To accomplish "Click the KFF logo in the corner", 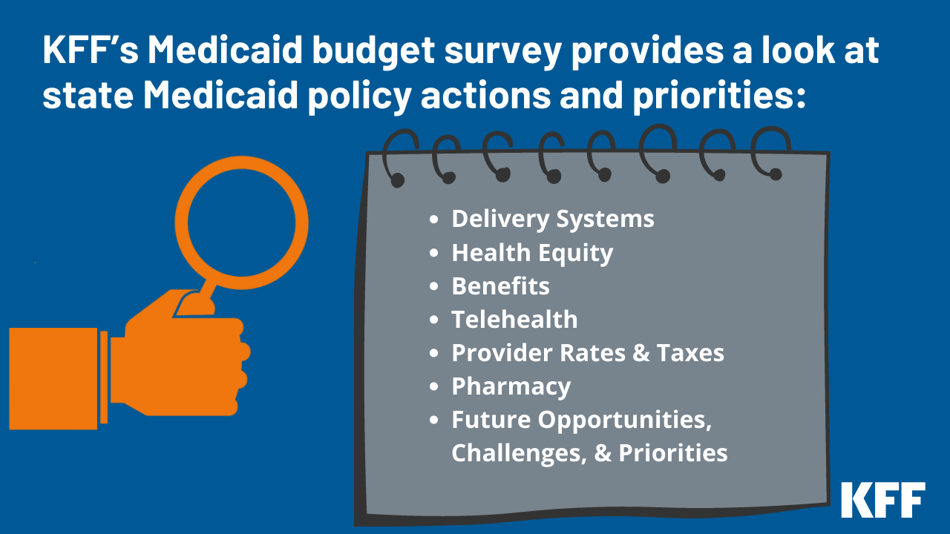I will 882,499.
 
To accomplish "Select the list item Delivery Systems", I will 553,220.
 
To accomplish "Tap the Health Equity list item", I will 532,253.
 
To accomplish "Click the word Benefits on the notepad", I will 500,286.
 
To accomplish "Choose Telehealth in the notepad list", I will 514,320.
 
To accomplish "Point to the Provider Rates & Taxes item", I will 588,353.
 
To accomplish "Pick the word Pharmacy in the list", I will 511,386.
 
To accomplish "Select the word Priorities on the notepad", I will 673,453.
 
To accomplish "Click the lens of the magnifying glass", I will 241,222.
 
